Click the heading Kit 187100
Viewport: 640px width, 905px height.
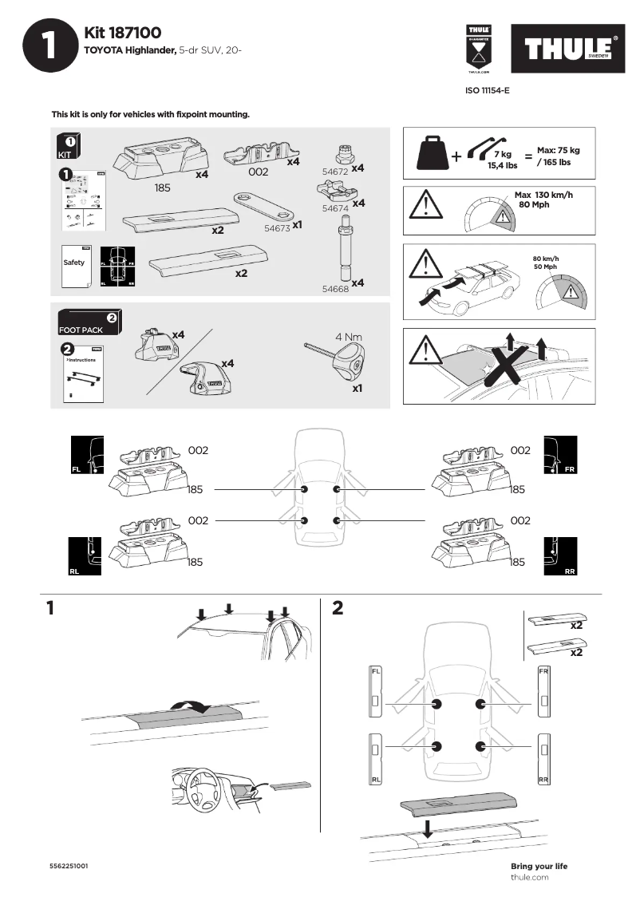[123, 33]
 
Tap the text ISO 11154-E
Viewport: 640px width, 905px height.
[487, 91]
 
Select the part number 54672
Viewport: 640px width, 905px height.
[334, 172]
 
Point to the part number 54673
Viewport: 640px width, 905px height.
[276, 227]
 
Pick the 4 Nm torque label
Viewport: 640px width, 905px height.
[349, 336]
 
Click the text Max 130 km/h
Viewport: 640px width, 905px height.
[543, 195]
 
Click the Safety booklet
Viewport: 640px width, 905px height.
[75, 263]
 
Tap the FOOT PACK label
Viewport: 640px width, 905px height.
[81, 330]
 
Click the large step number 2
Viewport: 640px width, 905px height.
[338, 609]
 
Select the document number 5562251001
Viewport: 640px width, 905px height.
[69, 866]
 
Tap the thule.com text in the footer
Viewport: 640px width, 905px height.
[529, 877]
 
